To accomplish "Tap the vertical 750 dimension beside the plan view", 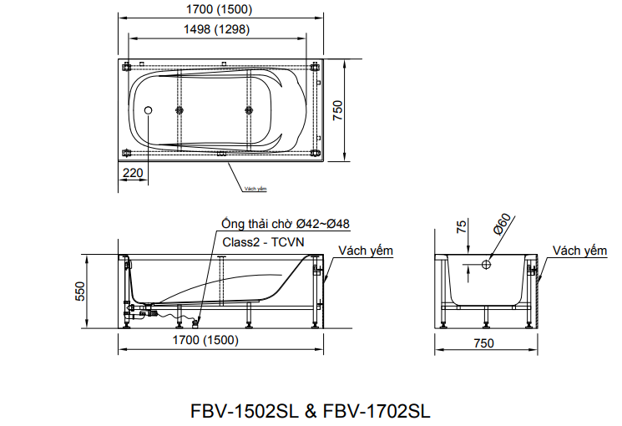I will [x=338, y=111].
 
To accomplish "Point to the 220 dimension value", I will [x=133, y=174].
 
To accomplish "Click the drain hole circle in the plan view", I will [x=149, y=110].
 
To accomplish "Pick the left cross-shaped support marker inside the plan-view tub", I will [x=179, y=110].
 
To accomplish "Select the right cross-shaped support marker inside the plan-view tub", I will [x=248, y=110].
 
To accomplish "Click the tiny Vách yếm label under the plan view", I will [x=255, y=190].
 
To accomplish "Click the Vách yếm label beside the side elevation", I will [x=366, y=251].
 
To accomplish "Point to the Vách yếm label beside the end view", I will [x=579, y=251].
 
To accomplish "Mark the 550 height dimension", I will [x=81, y=291].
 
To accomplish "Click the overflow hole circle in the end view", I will [x=486, y=265].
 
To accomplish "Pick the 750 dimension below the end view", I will [x=484, y=343].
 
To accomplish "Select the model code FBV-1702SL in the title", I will [x=377, y=411].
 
